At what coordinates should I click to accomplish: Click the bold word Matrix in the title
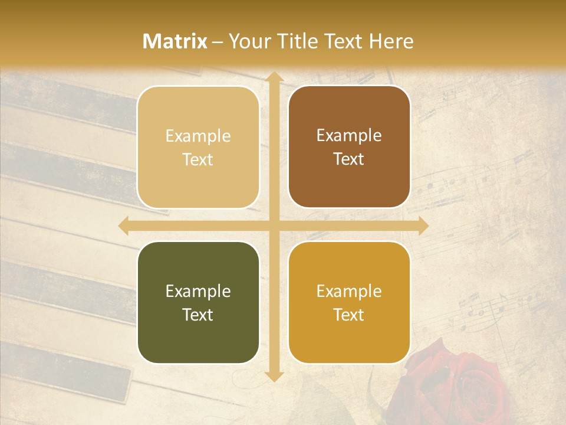point(175,41)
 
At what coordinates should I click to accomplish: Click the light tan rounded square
point(198,147)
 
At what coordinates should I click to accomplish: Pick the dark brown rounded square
point(349,147)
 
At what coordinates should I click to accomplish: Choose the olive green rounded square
point(198,302)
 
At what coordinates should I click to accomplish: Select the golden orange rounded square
point(349,302)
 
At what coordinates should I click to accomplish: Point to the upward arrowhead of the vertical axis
point(273,77)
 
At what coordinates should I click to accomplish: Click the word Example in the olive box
point(198,291)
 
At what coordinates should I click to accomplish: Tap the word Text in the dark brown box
point(349,159)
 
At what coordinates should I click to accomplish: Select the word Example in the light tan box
point(198,136)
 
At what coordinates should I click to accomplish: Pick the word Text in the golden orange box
point(349,315)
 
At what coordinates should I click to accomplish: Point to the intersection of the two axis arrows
point(273,225)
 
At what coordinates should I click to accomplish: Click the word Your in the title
point(247,41)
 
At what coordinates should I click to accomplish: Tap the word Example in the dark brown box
point(349,135)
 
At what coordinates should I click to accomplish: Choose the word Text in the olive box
point(198,315)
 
